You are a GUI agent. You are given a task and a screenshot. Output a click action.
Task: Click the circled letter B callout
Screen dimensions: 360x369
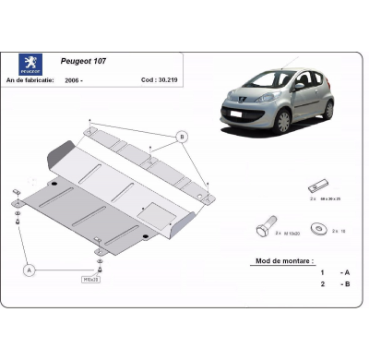(x=182, y=137)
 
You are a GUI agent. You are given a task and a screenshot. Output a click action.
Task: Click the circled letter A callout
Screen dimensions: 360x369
(x=29, y=270)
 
